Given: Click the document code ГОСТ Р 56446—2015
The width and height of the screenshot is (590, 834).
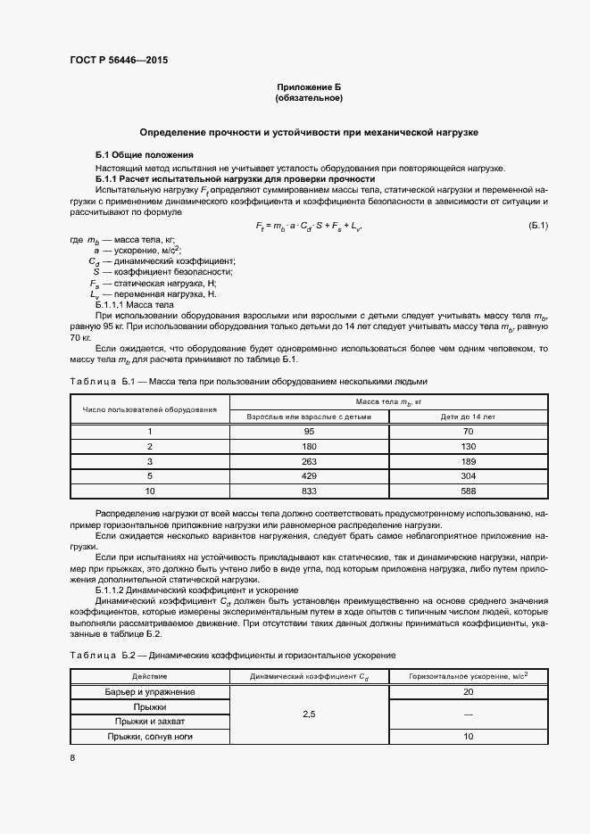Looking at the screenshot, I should tap(118, 62).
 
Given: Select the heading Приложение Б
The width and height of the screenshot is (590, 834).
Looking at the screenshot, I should tap(309, 87).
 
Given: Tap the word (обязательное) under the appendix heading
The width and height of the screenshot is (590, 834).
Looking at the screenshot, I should tap(309, 98).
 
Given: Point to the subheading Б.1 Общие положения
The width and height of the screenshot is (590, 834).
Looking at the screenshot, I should tap(138, 155).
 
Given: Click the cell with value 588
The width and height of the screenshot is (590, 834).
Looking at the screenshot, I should tap(467, 491).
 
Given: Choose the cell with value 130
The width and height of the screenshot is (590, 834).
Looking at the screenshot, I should tap(467, 446).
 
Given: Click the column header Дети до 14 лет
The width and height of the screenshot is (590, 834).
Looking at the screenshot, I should tap(467, 417).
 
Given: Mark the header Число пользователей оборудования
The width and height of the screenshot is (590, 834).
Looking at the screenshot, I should tap(150, 409).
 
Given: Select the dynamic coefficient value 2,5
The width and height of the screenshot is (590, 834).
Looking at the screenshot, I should tap(309, 714).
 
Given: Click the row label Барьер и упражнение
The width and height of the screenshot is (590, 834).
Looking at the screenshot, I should tap(150, 692).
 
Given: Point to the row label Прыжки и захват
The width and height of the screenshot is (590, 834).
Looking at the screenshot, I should tap(150, 722).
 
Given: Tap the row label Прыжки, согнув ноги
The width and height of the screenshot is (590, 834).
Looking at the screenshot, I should tap(150, 737).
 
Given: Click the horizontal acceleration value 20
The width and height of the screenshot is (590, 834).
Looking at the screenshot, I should tap(468, 692).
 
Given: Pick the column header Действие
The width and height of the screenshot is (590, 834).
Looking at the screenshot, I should tap(150, 677).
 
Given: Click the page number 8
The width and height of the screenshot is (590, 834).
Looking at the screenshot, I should tap(72, 758).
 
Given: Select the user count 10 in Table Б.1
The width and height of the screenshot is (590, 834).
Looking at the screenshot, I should tap(150, 491).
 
